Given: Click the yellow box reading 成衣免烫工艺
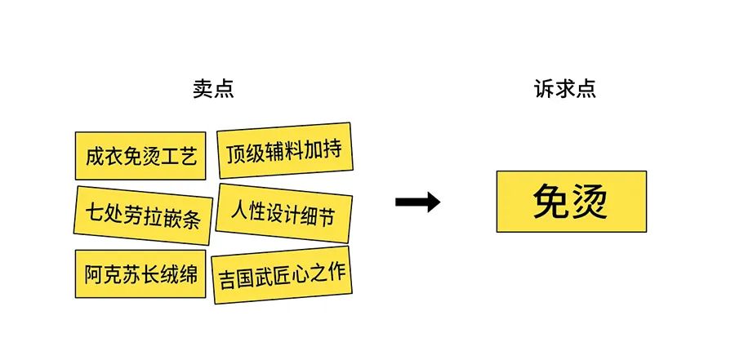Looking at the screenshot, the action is [140, 156].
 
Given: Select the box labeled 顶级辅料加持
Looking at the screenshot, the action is [284, 150].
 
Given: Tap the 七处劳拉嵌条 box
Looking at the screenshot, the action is [143, 216].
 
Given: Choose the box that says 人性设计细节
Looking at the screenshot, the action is [284, 213].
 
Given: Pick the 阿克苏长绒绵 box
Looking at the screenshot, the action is [140, 273].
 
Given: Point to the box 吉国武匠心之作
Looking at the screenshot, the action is [282, 275].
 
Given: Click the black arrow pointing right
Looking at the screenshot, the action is [417, 202].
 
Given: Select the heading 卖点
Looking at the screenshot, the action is [213, 89].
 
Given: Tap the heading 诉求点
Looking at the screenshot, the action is [565, 89].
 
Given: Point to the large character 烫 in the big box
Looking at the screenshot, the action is [589, 201].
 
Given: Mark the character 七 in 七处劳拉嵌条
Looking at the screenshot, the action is [94, 212].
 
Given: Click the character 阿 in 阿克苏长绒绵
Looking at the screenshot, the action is [94, 274].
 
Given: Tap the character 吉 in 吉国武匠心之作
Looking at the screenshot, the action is [227, 280].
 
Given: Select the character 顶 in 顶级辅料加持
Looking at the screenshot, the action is [236, 154].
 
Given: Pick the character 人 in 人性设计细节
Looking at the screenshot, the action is [239, 211].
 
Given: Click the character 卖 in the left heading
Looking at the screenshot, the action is [203, 89].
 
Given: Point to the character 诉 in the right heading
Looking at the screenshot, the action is [544, 89].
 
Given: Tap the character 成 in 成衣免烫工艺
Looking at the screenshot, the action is [94, 156].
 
